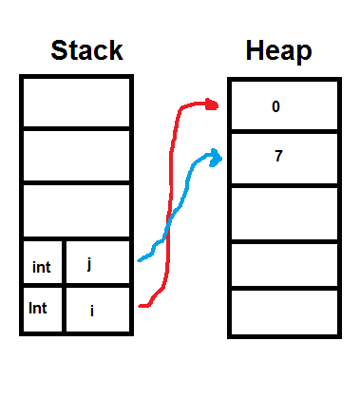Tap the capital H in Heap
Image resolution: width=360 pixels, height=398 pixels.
click(x=254, y=50)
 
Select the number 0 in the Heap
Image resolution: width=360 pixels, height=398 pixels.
click(x=275, y=106)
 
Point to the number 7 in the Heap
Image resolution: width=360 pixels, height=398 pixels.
click(x=277, y=156)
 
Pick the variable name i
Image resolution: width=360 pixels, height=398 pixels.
click(x=91, y=310)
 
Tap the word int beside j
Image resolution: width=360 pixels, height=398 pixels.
click(x=41, y=268)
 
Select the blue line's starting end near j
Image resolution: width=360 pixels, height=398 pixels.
click(x=141, y=258)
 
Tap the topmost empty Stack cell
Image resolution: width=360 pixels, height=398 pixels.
click(x=75, y=102)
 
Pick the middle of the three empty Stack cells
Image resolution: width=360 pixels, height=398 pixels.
click(x=75, y=156)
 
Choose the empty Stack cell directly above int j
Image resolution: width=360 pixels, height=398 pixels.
click(x=75, y=211)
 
